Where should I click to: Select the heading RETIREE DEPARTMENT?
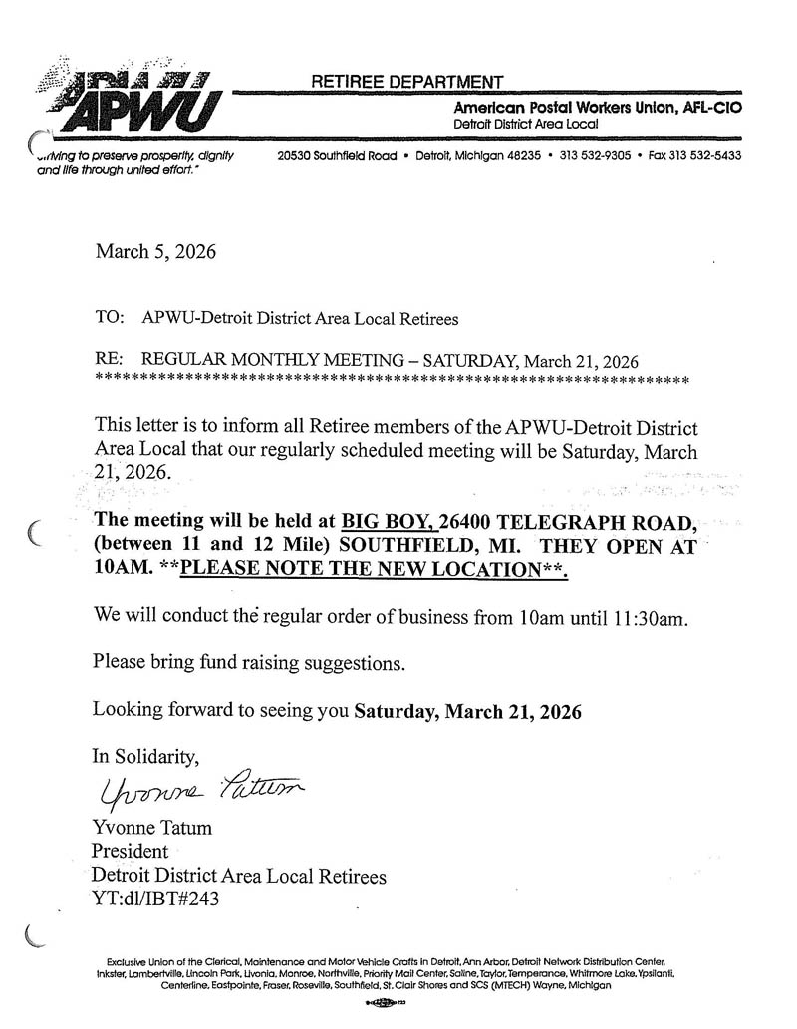click(x=407, y=82)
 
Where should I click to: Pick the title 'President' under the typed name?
click(x=130, y=852)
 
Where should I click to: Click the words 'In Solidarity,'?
click(x=139, y=756)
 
